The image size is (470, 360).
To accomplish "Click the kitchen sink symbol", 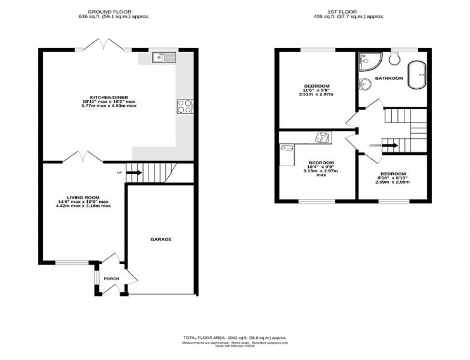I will (x=164, y=58).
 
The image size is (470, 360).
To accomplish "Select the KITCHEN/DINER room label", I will (x=109, y=96).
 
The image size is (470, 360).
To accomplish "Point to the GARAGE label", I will (x=161, y=239).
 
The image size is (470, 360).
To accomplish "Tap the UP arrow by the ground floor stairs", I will (x=134, y=173).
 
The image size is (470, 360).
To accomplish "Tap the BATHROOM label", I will (x=389, y=78).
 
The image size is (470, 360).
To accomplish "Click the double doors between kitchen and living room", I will (x=82, y=156).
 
